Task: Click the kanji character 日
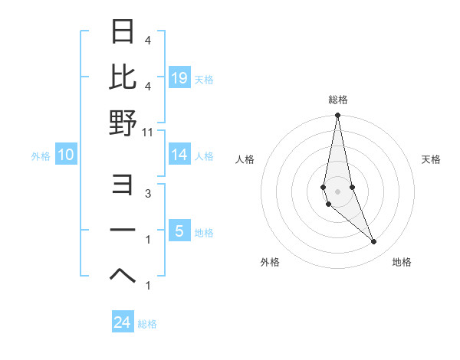(123, 32)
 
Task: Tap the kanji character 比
(123, 77)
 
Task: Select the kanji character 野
(123, 123)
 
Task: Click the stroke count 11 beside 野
(148, 132)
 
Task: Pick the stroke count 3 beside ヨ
(148, 194)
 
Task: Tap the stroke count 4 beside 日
(148, 40)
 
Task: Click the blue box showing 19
(179, 78)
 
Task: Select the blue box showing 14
(179, 155)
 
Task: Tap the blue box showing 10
(66, 155)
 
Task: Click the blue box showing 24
(123, 322)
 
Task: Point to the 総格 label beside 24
(147, 324)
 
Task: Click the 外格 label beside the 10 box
(41, 156)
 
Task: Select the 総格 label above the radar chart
(337, 100)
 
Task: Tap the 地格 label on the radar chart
(402, 262)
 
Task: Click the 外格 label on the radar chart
(270, 262)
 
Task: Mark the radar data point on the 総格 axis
(337, 116)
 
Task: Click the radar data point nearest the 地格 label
(374, 242)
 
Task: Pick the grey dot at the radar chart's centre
(337, 191)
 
